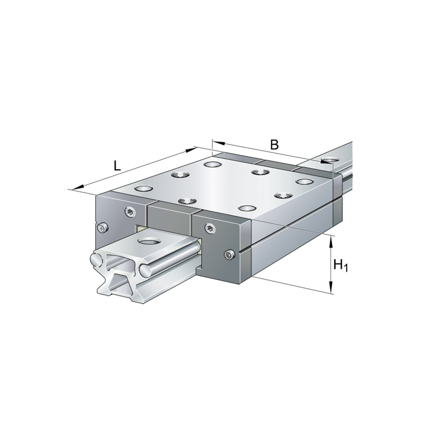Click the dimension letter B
click(x=274, y=144)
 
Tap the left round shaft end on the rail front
click(x=96, y=259)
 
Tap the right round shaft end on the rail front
click(x=146, y=269)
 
